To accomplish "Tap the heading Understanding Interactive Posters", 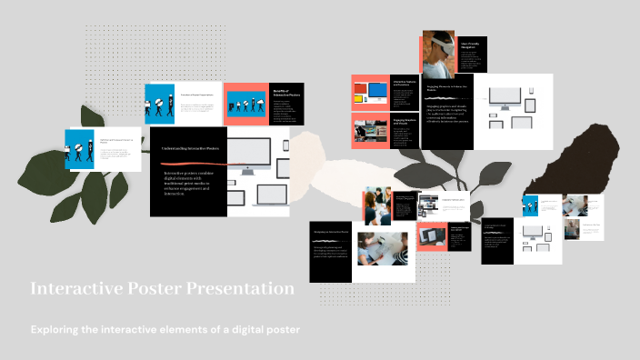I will point(187,148).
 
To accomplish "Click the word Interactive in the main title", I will point(68,290).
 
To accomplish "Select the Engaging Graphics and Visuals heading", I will point(404,121).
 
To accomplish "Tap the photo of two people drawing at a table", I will point(382,250).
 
